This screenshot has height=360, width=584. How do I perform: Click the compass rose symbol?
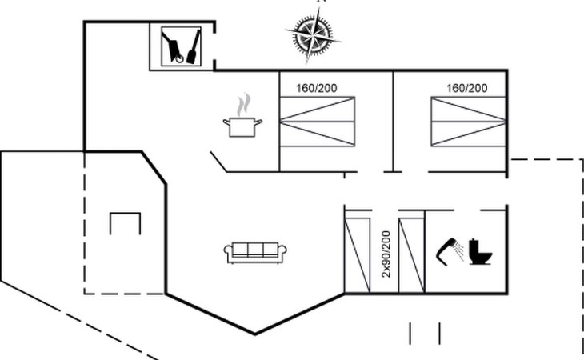(314, 36)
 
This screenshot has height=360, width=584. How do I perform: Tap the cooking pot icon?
(242, 127)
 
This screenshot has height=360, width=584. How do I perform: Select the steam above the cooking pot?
(243, 105)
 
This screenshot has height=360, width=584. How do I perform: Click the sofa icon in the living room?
(255, 253)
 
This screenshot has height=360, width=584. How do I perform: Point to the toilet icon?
(481, 252)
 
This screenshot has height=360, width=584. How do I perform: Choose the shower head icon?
(450, 250)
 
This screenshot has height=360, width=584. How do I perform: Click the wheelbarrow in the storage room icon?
(173, 47)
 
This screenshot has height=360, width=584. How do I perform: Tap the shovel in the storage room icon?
(194, 47)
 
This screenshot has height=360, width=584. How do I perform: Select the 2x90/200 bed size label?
(386, 254)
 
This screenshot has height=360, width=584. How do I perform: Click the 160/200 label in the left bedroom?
(317, 88)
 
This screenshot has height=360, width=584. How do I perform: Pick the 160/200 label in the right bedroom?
(466, 88)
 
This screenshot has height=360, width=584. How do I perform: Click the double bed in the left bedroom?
(317, 122)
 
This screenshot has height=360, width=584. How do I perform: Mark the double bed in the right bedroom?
(468, 122)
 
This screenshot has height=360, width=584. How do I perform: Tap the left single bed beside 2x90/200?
(358, 255)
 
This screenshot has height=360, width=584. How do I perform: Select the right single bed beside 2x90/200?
(411, 255)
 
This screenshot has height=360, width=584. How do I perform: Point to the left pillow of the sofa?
(240, 249)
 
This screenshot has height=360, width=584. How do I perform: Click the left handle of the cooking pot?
(226, 122)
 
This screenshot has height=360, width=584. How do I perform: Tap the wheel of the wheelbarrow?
(179, 59)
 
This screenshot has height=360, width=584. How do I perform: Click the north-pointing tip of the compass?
(319, 7)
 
